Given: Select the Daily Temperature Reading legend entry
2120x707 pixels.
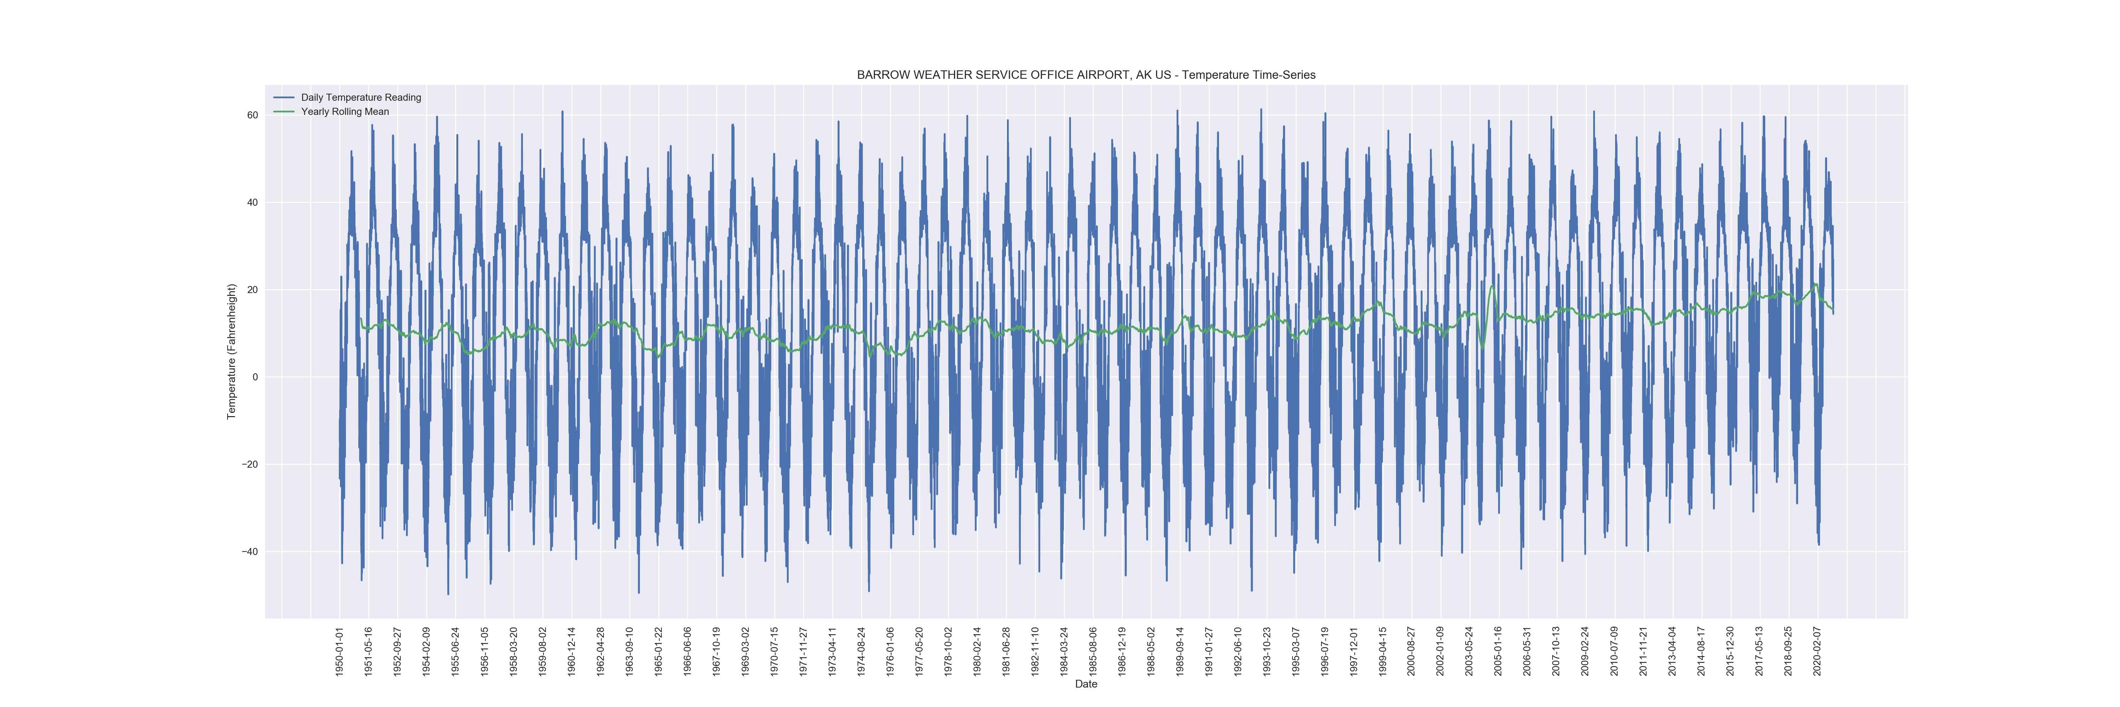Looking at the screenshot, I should (360, 97).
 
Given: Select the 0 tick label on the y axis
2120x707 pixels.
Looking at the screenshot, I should (255, 377).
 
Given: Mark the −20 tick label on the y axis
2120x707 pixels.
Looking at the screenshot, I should (249, 464).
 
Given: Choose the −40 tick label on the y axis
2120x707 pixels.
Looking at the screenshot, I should (249, 551).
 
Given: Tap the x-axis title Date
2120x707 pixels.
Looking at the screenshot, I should (1085, 684).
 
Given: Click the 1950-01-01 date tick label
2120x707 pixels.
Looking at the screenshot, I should (339, 651).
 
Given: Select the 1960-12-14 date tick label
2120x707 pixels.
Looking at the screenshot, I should (571, 651).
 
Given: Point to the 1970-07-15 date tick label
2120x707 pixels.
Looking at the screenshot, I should (775, 651).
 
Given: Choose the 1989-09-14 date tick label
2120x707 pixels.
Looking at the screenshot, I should (1180, 651).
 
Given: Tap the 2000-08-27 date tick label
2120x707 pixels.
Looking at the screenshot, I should (1412, 651).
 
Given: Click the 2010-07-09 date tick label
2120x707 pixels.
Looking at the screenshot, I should (1615, 651).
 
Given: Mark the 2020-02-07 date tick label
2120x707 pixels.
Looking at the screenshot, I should (1817, 651).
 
